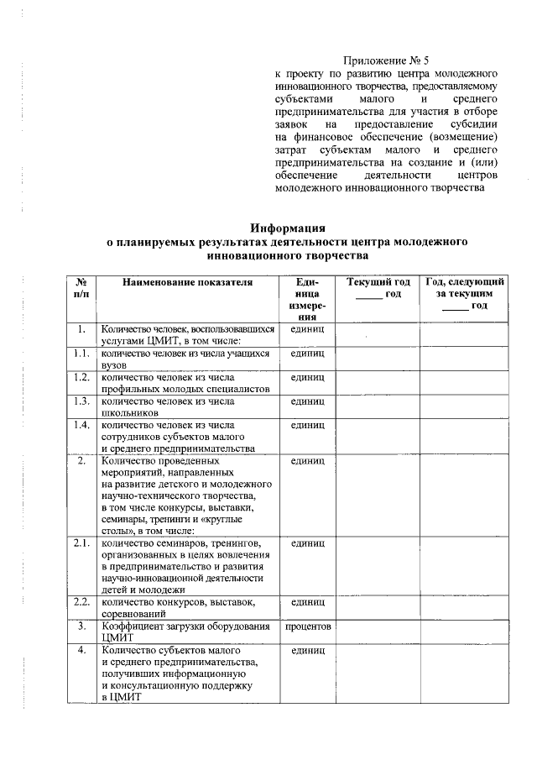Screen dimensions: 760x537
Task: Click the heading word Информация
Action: [288, 228]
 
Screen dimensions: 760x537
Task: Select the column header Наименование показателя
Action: [188, 282]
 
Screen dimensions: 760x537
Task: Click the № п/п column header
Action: [81, 288]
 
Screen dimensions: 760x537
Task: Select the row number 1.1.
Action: [81, 354]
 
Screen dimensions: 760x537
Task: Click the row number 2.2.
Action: [81, 602]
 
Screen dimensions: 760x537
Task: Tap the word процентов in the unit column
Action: [308, 626]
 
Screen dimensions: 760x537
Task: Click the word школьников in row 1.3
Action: [130, 412]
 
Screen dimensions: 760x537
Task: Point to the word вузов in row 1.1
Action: [115, 366]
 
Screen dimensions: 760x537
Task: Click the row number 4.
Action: [81, 651]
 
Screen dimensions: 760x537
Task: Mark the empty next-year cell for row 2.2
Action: [465, 607]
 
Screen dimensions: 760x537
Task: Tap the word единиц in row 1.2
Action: [308, 378]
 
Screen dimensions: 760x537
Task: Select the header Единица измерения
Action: [308, 300]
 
